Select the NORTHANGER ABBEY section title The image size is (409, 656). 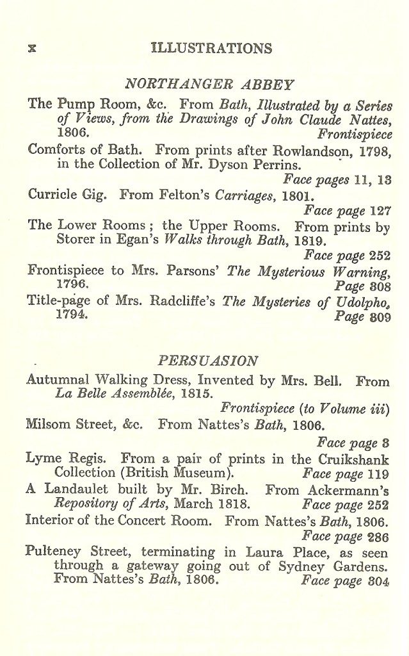[209, 85]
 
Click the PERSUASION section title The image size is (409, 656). [208, 359]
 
